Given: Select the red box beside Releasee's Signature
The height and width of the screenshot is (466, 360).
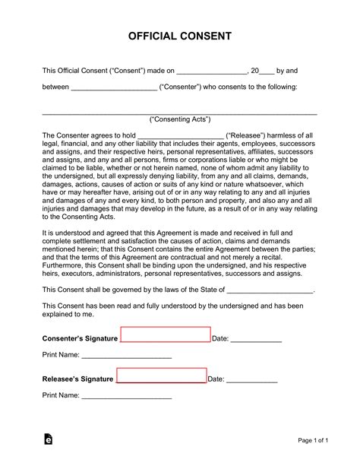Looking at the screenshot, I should [161, 376].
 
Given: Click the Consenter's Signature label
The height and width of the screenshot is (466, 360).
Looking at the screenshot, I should [80, 338].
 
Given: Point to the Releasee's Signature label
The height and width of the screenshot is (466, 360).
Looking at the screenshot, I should [77, 379].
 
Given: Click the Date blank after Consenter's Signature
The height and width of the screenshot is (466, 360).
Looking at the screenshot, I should [256, 340].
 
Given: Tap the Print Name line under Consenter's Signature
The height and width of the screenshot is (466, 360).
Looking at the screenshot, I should [126, 357].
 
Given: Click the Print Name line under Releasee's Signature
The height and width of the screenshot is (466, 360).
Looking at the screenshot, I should [126, 397].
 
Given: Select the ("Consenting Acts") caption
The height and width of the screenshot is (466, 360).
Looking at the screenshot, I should [179, 120].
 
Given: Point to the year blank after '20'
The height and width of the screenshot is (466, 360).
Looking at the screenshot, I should [267, 72].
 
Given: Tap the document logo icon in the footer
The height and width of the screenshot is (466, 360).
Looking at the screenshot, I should [49, 440].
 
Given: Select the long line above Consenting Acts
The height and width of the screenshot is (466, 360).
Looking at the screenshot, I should [179, 113].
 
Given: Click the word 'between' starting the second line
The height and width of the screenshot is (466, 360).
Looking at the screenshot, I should [55, 87].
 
